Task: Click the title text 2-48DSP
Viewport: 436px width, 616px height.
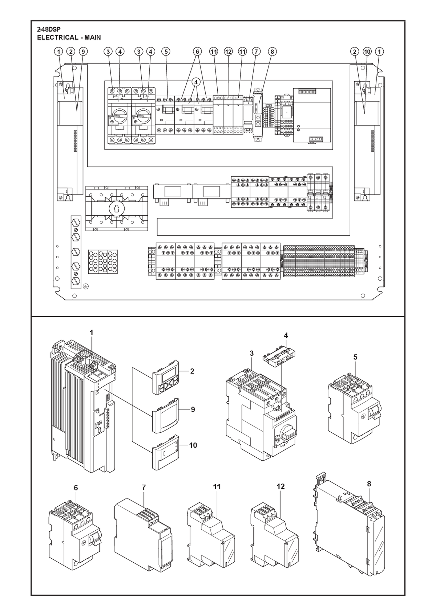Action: point(49,29)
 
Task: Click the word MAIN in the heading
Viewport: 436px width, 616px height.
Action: point(93,37)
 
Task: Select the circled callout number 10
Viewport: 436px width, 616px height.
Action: point(367,52)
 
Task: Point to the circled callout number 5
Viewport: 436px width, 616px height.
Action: point(166,52)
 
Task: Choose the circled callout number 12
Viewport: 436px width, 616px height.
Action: point(228,52)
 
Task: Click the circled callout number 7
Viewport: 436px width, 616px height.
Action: point(256,52)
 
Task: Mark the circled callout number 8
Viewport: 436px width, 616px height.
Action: point(272,52)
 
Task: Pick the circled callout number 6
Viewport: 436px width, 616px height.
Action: point(197,52)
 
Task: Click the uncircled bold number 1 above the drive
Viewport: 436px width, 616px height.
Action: point(92,333)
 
